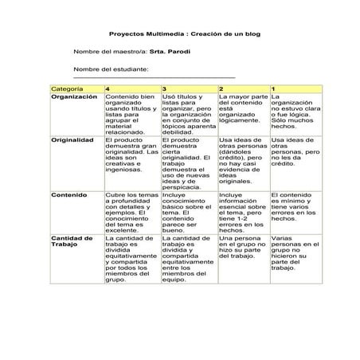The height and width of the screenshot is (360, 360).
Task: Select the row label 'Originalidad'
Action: (x=73, y=139)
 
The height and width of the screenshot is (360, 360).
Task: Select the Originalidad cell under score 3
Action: (x=188, y=162)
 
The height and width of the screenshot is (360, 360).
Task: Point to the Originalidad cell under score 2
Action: (x=243, y=160)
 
